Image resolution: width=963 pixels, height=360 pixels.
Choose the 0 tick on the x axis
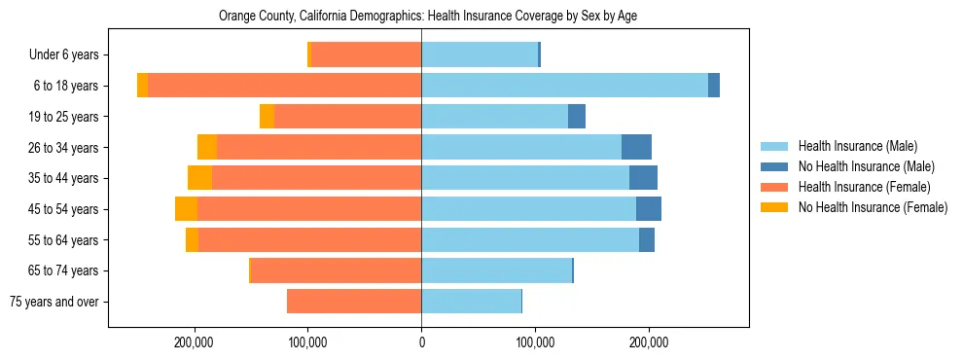tap(421, 342)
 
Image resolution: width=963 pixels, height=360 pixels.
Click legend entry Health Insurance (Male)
tap(856, 147)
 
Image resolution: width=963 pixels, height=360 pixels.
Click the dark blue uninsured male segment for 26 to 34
tap(636, 147)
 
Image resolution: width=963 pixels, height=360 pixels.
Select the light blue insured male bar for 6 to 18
tap(564, 86)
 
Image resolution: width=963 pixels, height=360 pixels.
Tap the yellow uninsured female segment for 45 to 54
tap(186, 209)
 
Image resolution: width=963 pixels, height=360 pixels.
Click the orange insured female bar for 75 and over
tap(354, 302)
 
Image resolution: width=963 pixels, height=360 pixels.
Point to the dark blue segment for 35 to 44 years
tap(643, 178)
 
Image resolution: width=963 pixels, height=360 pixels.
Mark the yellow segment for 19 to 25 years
tap(267, 117)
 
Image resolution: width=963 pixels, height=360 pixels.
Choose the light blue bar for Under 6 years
tap(480, 55)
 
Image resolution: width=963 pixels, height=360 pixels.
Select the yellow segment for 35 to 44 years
tap(199, 178)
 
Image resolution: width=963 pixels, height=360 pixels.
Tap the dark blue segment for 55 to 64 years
tap(647, 240)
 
